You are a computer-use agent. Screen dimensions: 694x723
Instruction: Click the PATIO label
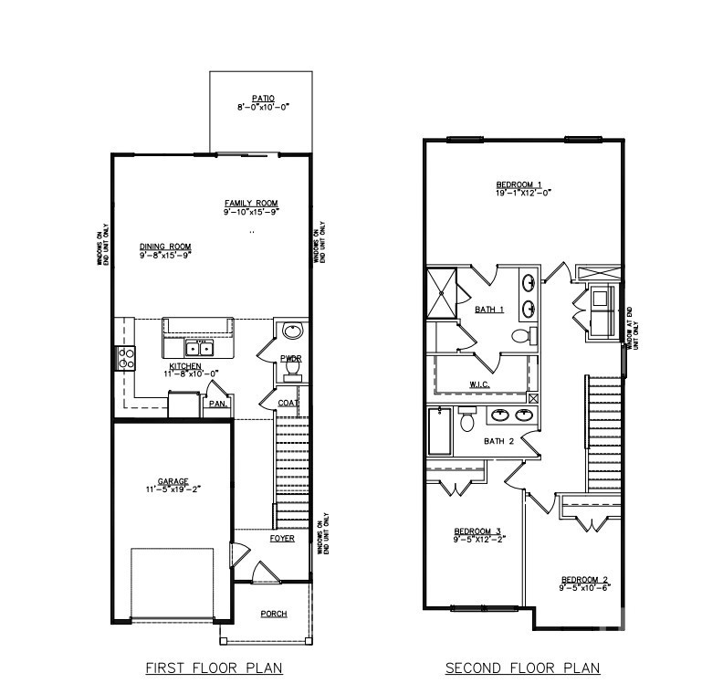(x=262, y=98)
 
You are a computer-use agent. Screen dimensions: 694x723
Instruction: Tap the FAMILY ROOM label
(x=251, y=203)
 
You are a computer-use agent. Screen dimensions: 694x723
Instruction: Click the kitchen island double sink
(x=198, y=348)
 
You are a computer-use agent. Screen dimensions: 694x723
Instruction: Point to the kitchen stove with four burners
(x=125, y=357)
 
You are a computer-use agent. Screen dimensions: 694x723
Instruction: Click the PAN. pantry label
(x=217, y=403)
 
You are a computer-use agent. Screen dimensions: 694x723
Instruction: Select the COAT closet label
(x=289, y=402)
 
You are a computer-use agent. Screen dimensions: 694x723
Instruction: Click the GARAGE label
(x=173, y=481)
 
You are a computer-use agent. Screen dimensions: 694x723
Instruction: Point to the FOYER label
(x=281, y=538)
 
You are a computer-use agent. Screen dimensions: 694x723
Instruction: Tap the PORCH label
(x=274, y=614)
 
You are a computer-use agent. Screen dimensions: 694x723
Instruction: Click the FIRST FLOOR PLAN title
(x=215, y=668)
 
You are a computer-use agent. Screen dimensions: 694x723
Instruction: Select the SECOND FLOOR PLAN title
(x=522, y=668)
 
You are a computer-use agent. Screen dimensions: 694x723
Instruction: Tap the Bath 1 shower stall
(x=445, y=292)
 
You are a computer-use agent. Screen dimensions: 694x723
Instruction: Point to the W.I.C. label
(x=480, y=384)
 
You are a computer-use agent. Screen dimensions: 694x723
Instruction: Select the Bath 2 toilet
(x=467, y=420)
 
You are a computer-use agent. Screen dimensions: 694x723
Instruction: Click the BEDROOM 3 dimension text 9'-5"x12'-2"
(x=479, y=540)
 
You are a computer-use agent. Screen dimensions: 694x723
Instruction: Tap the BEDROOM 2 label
(x=584, y=579)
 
